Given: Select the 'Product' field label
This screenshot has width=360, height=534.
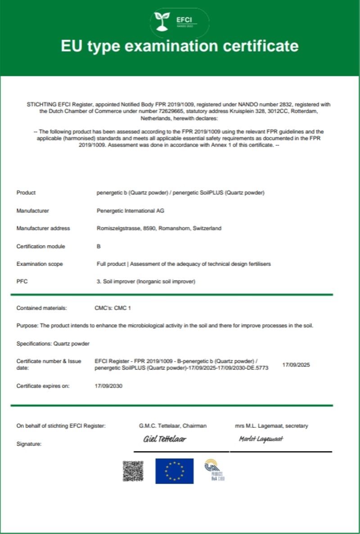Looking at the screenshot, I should click(x=26, y=193).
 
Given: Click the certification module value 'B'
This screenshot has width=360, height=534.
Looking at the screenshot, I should click(x=99, y=246).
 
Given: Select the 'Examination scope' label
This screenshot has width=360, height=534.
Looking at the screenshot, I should click(x=40, y=264).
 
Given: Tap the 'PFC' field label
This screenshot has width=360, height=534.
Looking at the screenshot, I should click(x=22, y=282).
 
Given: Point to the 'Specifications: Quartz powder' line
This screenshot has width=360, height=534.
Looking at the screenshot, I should click(x=53, y=343).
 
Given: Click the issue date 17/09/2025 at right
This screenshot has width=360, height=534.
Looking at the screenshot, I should click(x=296, y=364).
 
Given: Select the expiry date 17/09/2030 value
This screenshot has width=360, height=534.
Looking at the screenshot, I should click(x=108, y=386).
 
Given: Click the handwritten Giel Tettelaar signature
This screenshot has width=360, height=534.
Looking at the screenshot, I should click(x=164, y=439).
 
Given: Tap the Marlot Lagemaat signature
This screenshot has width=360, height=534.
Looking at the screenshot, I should click(x=261, y=439).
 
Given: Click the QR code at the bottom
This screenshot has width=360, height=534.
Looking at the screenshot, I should click(x=133, y=471).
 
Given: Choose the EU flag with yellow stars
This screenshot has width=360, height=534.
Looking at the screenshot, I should click(x=175, y=471).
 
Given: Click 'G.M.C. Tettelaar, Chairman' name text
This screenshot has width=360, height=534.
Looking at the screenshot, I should click(x=173, y=425).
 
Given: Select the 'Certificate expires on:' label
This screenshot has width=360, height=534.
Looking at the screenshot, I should click(x=43, y=386).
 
